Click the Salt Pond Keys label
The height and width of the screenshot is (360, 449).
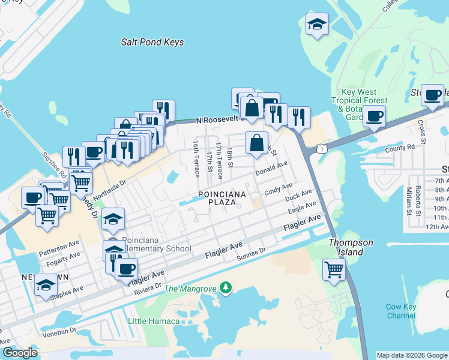pyautogui.click(x=152, y=42)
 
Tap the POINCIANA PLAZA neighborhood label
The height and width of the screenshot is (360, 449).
pyautogui.click(x=218, y=198)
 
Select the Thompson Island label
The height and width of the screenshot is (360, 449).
pyautogui.click(x=351, y=247)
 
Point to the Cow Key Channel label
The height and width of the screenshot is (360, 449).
pyautogui.click(x=401, y=311)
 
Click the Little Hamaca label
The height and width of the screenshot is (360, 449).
pyautogui.click(x=154, y=321)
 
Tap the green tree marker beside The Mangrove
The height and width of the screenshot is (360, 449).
pyautogui.click(x=225, y=289)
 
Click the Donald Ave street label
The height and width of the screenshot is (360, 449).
pyautogui.click(x=272, y=168)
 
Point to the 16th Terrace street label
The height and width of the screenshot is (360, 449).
pyautogui.click(x=196, y=159)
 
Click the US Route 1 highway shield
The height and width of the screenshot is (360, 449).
pyautogui.click(x=323, y=148)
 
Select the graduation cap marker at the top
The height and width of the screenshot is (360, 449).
pyautogui.click(x=317, y=25)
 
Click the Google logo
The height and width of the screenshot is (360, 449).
pyautogui.click(x=20, y=353)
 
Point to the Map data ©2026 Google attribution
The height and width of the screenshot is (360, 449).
pyautogui.click(x=412, y=355)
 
